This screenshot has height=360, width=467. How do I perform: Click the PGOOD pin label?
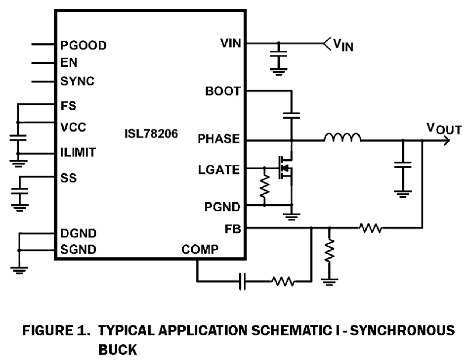click(x=83, y=45)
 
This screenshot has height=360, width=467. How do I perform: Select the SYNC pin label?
click(x=77, y=81)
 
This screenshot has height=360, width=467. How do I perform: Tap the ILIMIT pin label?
click(x=78, y=152)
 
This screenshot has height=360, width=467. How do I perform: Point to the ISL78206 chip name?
click(x=151, y=133)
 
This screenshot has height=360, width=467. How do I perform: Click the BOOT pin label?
click(x=223, y=91)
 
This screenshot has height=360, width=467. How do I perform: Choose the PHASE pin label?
click(x=219, y=139)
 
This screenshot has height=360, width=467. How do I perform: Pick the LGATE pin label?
click(x=219, y=170)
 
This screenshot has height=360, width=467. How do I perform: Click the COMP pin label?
click(x=200, y=249)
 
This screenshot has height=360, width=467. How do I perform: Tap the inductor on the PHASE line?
click(x=342, y=137)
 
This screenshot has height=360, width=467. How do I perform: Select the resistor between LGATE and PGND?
click(x=264, y=187)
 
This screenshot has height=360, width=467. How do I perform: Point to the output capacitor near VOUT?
click(x=402, y=165)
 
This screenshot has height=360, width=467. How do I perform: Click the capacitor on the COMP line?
click(x=242, y=282)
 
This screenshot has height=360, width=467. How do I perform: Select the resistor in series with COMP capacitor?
click(x=283, y=282)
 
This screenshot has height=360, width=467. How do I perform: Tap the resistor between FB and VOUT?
click(x=370, y=227)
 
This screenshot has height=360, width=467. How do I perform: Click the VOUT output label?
click(x=444, y=129)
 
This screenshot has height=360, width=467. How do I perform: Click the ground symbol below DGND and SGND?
click(x=19, y=270)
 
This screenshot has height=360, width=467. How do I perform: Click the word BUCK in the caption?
click(x=117, y=349)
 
